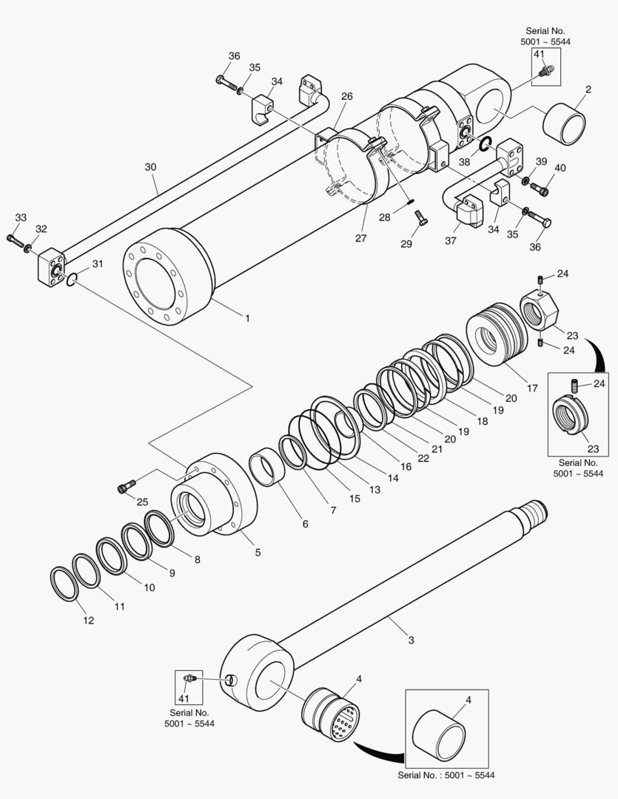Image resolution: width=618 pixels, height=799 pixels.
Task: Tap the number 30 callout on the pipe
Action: [x=150, y=167]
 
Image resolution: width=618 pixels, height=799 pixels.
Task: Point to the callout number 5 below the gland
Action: [x=258, y=551]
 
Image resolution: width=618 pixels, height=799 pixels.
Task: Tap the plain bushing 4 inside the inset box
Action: [x=442, y=735]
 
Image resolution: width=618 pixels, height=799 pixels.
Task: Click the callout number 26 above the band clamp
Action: [x=347, y=96]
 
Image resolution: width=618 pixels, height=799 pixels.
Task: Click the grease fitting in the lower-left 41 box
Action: [x=189, y=678]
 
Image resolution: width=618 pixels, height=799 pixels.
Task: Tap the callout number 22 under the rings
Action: [x=423, y=459]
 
